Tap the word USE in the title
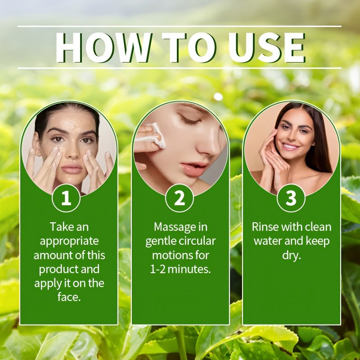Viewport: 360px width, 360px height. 267,48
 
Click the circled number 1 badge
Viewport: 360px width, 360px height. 66,198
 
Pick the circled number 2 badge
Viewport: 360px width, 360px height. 180,198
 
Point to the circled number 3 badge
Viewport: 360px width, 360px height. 291,198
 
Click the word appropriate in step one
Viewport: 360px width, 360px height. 69,242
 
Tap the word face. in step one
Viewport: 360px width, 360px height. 69,297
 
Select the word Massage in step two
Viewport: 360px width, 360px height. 175,227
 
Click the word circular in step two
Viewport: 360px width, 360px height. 197,241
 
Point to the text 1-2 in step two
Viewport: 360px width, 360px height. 158,269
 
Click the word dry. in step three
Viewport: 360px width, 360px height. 292,256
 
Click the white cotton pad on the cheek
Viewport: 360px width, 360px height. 156,135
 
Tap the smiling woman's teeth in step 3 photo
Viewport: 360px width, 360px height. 290,146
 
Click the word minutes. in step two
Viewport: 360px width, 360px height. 189,269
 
